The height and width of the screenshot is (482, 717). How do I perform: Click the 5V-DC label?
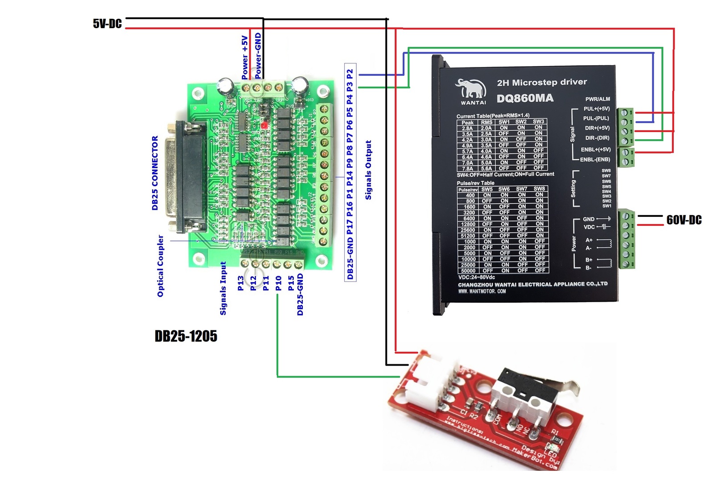click(x=107, y=24)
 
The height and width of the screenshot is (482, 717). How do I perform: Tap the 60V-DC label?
click(x=684, y=220)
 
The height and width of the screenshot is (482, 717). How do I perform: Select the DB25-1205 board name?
click(x=185, y=336)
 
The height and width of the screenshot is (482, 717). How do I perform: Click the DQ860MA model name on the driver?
click(x=525, y=98)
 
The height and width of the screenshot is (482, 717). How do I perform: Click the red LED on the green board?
click(x=264, y=125)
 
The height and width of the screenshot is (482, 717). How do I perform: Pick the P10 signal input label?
click(x=278, y=283)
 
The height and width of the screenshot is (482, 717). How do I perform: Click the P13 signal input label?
click(x=241, y=283)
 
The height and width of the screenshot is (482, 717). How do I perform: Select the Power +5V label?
click(x=245, y=58)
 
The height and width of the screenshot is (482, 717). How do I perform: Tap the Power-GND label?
click(x=258, y=56)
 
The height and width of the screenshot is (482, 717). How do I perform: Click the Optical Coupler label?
click(x=161, y=266)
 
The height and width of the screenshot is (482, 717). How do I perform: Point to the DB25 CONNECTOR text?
click(x=155, y=173)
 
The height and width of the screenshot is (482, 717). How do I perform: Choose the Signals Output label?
click(x=368, y=170)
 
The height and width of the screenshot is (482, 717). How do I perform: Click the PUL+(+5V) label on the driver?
click(x=596, y=109)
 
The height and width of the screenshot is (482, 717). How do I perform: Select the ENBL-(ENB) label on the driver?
click(x=595, y=159)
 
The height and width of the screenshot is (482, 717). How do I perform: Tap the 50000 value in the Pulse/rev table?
click(x=468, y=270)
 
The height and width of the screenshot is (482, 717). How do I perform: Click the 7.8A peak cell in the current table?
click(x=467, y=169)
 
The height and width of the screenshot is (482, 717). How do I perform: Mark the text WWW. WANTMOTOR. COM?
click(x=482, y=291)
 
